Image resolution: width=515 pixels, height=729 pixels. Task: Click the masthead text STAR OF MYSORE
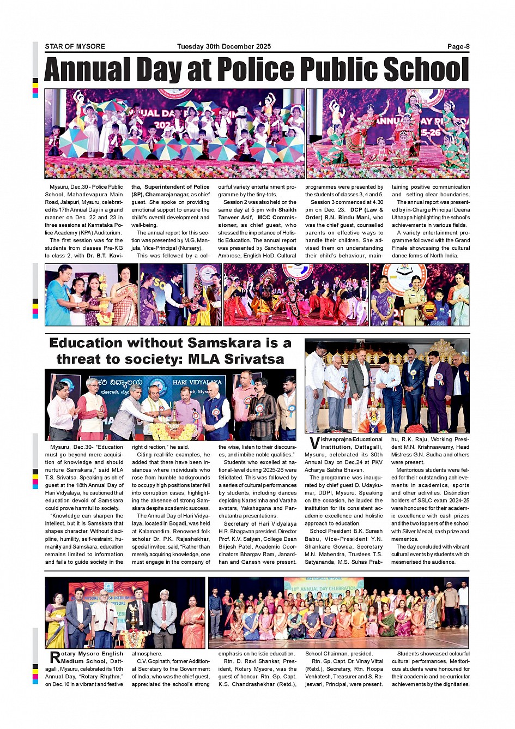pyautogui.click(x=75, y=46)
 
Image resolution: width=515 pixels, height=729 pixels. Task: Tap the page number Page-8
pyautogui.click(x=458, y=46)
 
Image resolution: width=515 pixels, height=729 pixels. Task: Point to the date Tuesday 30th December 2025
pyautogui.click(x=223, y=46)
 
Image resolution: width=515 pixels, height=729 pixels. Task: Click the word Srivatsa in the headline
pyautogui.click(x=254, y=359)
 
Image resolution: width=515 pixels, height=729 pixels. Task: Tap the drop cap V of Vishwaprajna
pyautogui.click(x=314, y=443)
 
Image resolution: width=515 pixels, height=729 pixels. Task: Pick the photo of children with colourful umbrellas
pyautogui.click(x=174, y=133)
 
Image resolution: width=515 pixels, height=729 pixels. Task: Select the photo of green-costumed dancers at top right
pyautogui.click(x=387, y=133)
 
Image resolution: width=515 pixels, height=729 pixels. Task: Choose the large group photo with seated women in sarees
pyautogui.click(x=338, y=612)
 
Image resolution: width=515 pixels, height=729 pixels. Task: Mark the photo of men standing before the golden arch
pyautogui.click(x=387, y=386)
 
